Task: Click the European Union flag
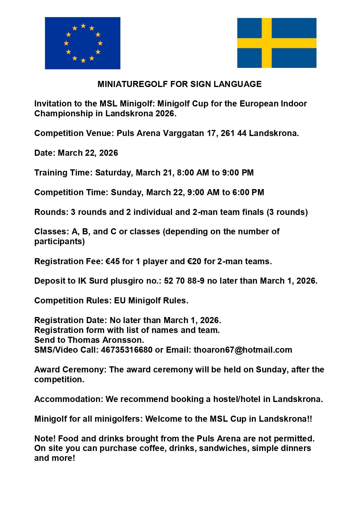[82, 43]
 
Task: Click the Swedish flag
[276, 43]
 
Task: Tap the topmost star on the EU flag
[83, 26]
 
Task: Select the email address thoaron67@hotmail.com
[243, 350]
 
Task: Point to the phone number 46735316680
[126, 350]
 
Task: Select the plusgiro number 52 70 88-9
[184, 281]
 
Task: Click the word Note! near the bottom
[45, 438]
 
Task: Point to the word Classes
[52, 231]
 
